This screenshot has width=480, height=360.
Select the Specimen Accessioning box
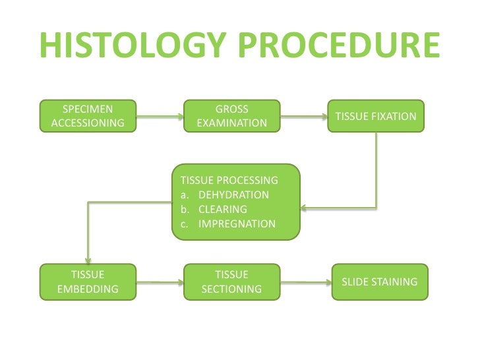tap(87, 116)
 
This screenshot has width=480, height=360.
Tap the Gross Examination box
tap(231, 116)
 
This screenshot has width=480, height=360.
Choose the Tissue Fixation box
tap(376, 116)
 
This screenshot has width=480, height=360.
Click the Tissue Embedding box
tap(88, 282)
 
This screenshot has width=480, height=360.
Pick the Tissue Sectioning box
tap(231, 282)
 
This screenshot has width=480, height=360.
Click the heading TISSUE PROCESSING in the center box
tap(229, 180)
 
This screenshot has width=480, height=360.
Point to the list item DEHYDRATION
tap(233, 195)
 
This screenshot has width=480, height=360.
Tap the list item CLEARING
tap(222, 209)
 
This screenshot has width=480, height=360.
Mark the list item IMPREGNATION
tap(236, 224)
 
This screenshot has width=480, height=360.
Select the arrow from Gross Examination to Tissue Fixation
tap(303, 117)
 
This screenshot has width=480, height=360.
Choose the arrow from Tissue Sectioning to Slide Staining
tap(305, 283)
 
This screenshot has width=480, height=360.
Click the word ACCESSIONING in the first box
tap(87, 123)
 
